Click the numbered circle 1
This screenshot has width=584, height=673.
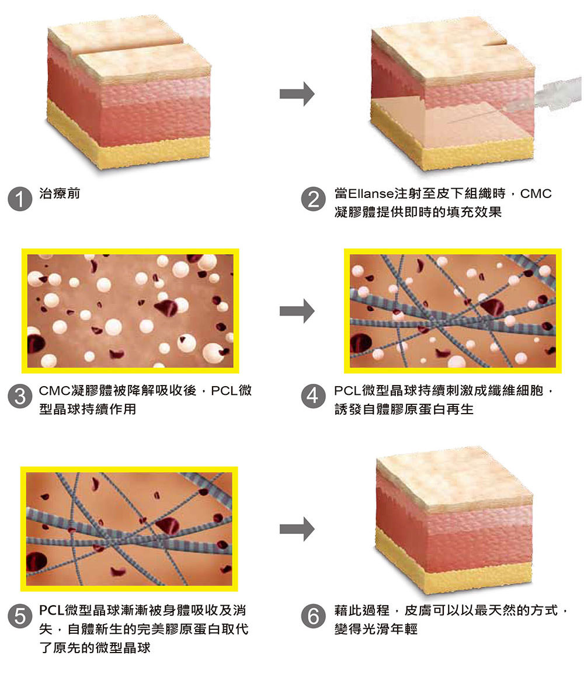tap(20, 199)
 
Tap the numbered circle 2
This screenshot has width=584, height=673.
tap(314, 199)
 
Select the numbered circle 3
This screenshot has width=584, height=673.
tap(20, 396)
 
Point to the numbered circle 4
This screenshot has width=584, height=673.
tap(314, 396)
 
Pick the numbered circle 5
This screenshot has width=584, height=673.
tap(20, 616)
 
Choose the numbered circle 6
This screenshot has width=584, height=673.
tap(314, 616)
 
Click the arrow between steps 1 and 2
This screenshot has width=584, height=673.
tap(297, 93)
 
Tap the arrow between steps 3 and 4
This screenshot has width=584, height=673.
tap(297, 311)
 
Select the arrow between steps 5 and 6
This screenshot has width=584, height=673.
tap(297, 529)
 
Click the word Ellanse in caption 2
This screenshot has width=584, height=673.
tap(371, 193)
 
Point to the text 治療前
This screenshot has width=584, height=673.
tap(60, 193)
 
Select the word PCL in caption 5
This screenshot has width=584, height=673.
tap(53, 610)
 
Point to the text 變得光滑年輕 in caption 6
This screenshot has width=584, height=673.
tap(376, 629)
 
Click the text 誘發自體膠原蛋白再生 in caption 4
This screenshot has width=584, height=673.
tap(404, 410)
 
